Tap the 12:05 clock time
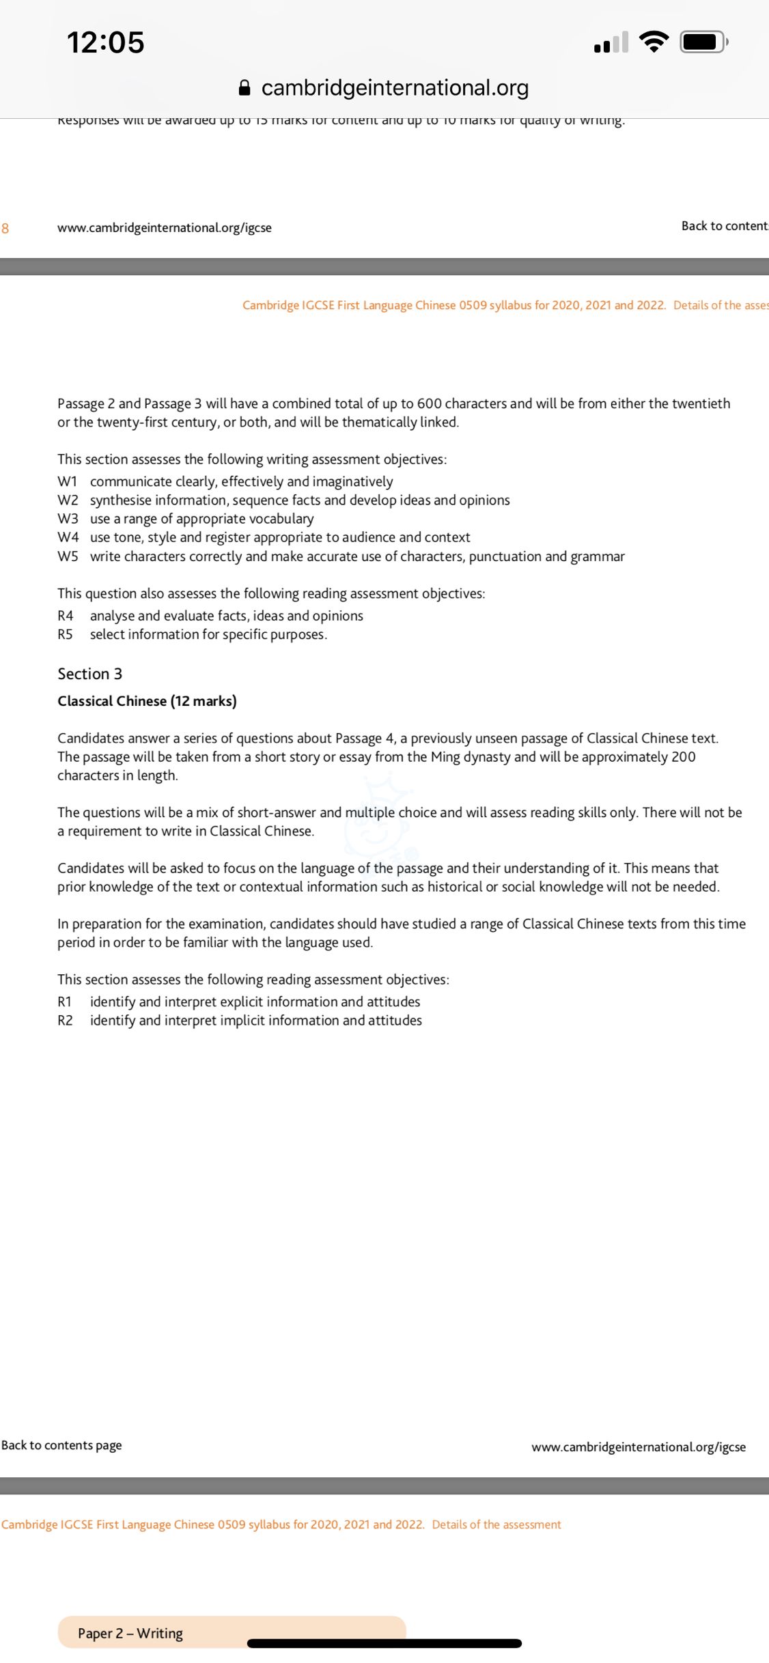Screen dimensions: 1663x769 106,42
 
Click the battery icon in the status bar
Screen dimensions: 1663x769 703,42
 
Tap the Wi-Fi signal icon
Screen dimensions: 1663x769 654,42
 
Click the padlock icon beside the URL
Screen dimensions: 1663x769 244,88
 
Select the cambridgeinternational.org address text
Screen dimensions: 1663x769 395,88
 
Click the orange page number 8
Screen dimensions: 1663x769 5,228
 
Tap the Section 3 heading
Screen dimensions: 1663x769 90,674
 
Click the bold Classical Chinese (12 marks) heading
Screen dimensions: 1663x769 147,701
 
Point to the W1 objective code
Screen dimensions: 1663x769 68,482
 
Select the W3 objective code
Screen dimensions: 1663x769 68,519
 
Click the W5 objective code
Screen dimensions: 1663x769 68,556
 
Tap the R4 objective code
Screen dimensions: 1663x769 66,616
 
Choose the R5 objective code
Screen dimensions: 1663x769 66,634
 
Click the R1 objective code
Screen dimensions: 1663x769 65,1001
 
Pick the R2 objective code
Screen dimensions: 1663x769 65,1021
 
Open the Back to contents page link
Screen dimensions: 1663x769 61,1445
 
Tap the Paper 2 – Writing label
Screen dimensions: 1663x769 130,1633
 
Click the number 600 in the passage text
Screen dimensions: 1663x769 430,403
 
